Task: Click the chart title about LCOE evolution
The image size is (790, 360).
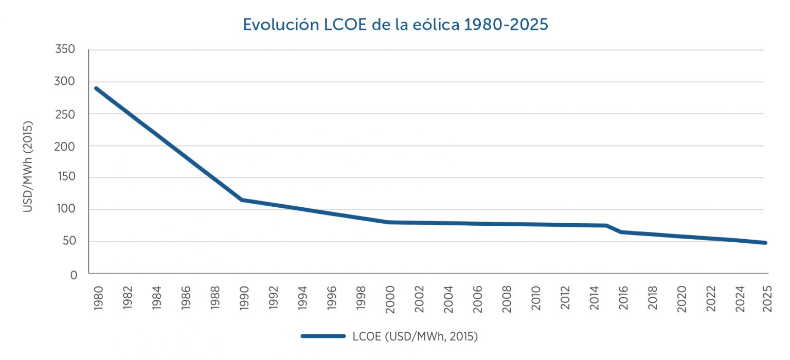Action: [395, 25]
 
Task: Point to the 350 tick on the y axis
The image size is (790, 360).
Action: [65, 50]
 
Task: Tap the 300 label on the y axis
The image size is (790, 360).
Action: [65, 82]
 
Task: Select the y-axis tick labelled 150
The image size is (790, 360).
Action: [65, 178]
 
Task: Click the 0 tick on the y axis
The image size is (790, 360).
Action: [73, 275]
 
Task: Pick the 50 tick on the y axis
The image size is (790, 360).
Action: [69, 242]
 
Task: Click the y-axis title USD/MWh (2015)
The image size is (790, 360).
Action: [28, 167]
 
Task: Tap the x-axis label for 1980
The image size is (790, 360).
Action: [99, 297]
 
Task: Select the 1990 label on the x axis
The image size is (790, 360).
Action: [244, 297]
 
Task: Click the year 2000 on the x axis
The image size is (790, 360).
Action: [390, 297]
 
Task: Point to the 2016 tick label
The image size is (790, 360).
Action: [623, 297]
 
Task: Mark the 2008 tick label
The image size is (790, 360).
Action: [507, 297]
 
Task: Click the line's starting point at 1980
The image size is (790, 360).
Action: [96, 88]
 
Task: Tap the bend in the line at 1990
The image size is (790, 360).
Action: [242, 200]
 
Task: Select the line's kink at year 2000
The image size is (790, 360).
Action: [387, 222]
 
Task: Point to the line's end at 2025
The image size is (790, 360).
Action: [765, 243]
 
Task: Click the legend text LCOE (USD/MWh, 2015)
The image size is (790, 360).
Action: [416, 337]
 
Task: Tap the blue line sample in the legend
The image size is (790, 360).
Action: [323, 336]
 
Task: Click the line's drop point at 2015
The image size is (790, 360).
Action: [607, 225]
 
